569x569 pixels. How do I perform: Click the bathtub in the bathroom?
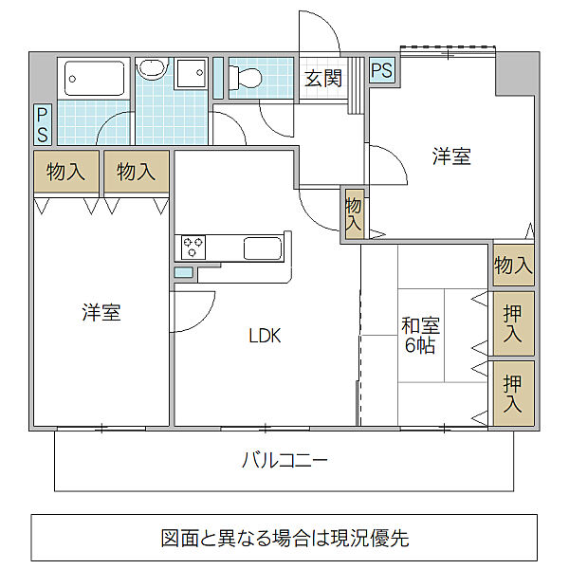tap(95, 79)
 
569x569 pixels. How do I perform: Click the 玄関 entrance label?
tap(323, 79)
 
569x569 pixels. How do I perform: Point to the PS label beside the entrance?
tap(381, 71)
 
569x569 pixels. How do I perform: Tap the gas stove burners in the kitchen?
tap(193, 248)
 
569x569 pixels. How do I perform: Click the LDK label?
tap(265, 336)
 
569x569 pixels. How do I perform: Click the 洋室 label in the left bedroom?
tap(101, 312)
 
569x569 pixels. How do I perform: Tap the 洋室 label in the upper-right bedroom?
tap(451, 157)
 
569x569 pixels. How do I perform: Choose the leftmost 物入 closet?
tap(66, 172)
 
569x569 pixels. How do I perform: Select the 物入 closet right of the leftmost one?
tap(137, 172)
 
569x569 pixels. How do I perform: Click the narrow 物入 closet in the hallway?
tap(353, 213)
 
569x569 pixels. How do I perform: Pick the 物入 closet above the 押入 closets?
tap(513, 266)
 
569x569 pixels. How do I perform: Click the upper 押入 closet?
tap(513, 323)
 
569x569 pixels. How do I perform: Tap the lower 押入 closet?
tap(513, 393)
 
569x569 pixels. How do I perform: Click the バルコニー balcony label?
tap(284, 462)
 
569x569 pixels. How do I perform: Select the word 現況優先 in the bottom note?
tap(373, 539)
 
